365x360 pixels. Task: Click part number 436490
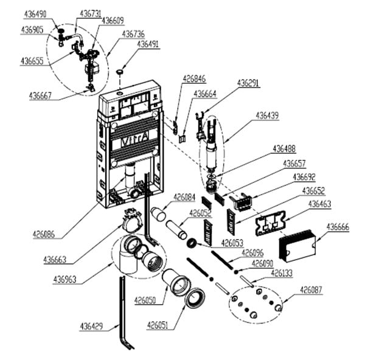click(x=36, y=13)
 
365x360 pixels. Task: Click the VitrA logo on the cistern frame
click(x=130, y=141)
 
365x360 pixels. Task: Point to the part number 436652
click(x=316, y=190)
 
